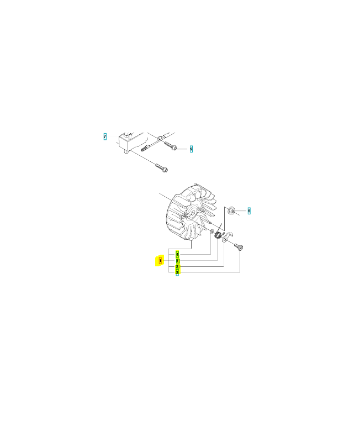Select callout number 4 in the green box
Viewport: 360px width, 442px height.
point(177,254)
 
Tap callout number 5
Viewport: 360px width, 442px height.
point(177,261)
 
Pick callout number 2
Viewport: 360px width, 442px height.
point(177,267)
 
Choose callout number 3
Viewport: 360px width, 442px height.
point(177,272)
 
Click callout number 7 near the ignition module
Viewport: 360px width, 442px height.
point(105,136)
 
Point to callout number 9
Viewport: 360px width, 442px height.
point(191,149)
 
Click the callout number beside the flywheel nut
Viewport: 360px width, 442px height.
point(249,211)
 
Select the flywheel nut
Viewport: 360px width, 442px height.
point(233,211)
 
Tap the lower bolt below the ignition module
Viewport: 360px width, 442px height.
point(162,166)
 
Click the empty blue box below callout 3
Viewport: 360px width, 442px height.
point(177,277)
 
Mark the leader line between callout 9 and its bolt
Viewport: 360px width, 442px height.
point(183,149)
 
